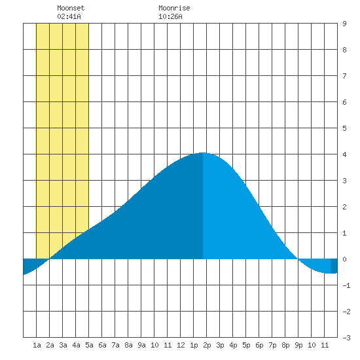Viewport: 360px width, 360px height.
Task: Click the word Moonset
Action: point(71,8)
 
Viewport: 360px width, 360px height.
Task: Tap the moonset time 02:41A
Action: point(69,16)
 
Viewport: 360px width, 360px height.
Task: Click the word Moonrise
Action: point(174,8)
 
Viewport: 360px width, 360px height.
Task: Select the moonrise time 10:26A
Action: point(170,16)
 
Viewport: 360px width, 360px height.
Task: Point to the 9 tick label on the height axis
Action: point(344,24)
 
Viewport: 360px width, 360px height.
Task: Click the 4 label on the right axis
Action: point(344,154)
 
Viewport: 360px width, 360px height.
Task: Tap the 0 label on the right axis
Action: point(344,259)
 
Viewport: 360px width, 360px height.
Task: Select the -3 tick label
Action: point(346,338)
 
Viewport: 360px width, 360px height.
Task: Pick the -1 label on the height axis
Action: point(346,285)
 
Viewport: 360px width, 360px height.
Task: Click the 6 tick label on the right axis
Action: point(344,102)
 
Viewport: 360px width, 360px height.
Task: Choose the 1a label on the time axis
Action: point(37,345)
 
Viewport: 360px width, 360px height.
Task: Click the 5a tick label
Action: point(89,345)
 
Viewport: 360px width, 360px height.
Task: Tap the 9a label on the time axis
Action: point(141,345)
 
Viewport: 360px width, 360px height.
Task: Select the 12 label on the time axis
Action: point(181,345)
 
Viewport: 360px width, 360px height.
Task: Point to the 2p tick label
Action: point(207,345)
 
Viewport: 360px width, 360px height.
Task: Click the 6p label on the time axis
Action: point(259,345)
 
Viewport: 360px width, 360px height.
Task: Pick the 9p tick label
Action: point(298,345)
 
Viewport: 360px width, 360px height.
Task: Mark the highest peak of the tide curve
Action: point(203,153)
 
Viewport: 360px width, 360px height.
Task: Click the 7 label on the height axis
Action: point(344,76)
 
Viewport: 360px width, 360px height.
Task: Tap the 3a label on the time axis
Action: point(63,345)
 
